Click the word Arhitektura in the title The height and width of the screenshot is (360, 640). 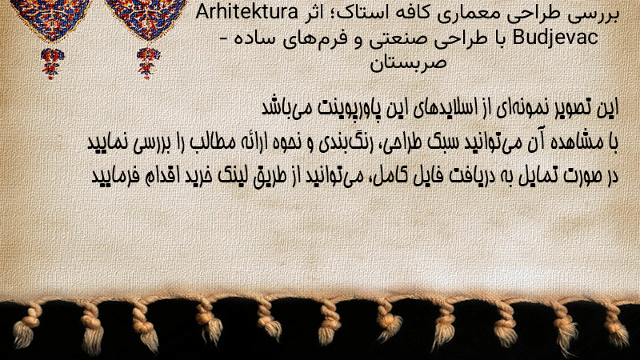pos(247,12)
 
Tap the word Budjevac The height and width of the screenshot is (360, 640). pos(555,38)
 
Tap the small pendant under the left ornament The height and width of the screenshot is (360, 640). pos(52,63)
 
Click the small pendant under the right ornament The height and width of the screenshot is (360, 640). pos(148,63)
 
